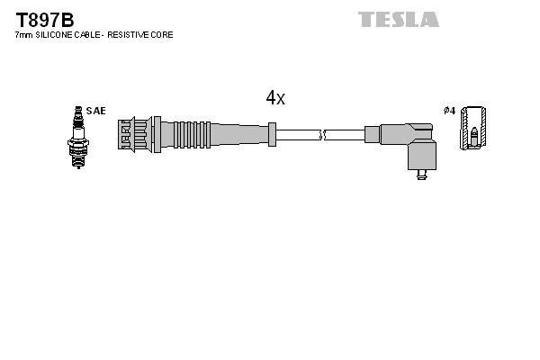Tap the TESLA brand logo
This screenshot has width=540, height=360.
[398, 19]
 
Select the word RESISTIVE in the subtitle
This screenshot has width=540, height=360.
[126, 35]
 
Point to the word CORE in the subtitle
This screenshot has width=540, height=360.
[162, 35]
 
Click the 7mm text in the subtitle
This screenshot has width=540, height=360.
[24, 35]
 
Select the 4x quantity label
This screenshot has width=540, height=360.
[274, 98]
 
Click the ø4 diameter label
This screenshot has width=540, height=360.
[449, 111]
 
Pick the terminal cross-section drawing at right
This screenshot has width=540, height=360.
[473, 131]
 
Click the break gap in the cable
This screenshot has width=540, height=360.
[323, 135]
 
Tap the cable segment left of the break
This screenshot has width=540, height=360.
[297, 135]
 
